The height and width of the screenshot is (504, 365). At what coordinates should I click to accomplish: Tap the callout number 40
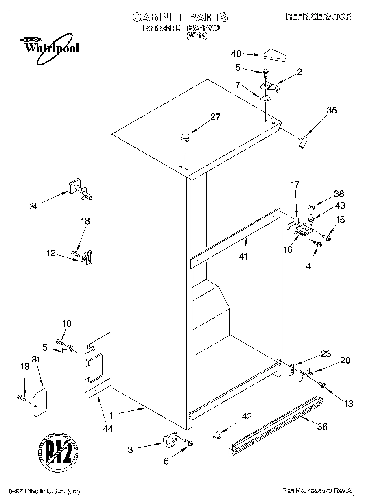[236, 54]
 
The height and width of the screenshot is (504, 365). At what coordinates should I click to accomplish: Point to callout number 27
[215, 117]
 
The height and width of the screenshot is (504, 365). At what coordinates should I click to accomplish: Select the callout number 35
[332, 110]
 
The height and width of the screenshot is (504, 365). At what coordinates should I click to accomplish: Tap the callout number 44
[108, 428]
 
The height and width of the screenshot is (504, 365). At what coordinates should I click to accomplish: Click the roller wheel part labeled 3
[170, 441]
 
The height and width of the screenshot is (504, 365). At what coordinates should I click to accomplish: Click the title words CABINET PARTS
[181, 17]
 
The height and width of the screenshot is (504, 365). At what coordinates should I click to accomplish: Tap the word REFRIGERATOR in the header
[319, 17]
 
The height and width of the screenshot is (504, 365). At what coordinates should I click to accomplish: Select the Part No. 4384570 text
[317, 491]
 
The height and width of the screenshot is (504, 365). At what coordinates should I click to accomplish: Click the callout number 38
[339, 194]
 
